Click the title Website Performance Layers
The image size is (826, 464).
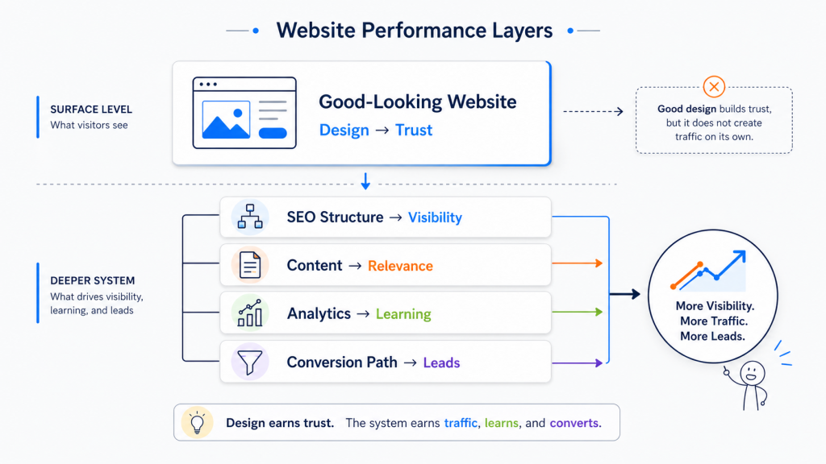click(x=414, y=31)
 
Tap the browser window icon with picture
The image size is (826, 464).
click(x=244, y=113)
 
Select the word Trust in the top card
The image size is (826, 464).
click(x=414, y=130)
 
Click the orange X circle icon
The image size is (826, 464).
click(x=714, y=87)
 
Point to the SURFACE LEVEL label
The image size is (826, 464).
click(x=91, y=110)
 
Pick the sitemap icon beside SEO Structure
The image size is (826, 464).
click(x=249, y=217)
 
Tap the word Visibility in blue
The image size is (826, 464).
click(x=435, y=217)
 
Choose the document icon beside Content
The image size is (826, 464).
click(x=249, y=265)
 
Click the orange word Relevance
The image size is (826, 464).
click(x=400, y=266)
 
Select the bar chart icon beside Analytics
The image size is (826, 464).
click(x=249, y=313)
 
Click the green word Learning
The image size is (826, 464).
click(x=403, y=314)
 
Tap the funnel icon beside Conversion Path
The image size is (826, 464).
click(x=249, y=362)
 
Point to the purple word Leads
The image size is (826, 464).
click(x=441, y=362)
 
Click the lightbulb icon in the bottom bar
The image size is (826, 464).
click(x=195, y=422)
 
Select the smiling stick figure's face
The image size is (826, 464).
click(x=752, y=374)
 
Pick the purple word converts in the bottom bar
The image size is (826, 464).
click(x=575, y=423)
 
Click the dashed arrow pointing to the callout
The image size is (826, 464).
click(x=593, y=111)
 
